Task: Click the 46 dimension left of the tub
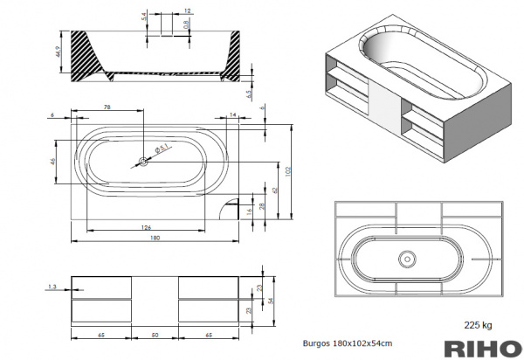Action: point(53,162)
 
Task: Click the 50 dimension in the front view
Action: point(155,335)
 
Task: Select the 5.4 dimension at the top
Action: point(144,17)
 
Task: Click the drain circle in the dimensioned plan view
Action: point(144,162)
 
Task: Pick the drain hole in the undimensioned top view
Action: point(406,258)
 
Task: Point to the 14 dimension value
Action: point(232,114)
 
